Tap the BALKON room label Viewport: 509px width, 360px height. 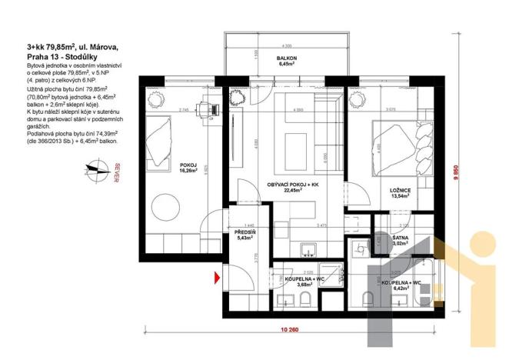(287, 62)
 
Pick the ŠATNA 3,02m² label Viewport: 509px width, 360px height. (399, 242)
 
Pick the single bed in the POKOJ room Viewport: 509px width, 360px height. (161, 140)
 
